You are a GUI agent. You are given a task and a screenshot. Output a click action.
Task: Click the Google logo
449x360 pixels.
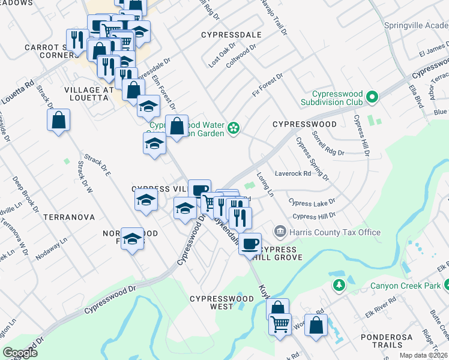[20, 353]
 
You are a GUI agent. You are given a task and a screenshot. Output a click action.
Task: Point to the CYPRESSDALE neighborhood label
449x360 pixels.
[231, 35]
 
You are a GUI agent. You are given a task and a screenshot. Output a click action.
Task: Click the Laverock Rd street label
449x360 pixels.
[293, 174]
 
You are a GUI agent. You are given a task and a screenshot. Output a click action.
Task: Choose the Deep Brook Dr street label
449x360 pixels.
[23, 188]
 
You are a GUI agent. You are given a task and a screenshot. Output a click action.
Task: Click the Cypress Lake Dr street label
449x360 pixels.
[312, 203]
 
